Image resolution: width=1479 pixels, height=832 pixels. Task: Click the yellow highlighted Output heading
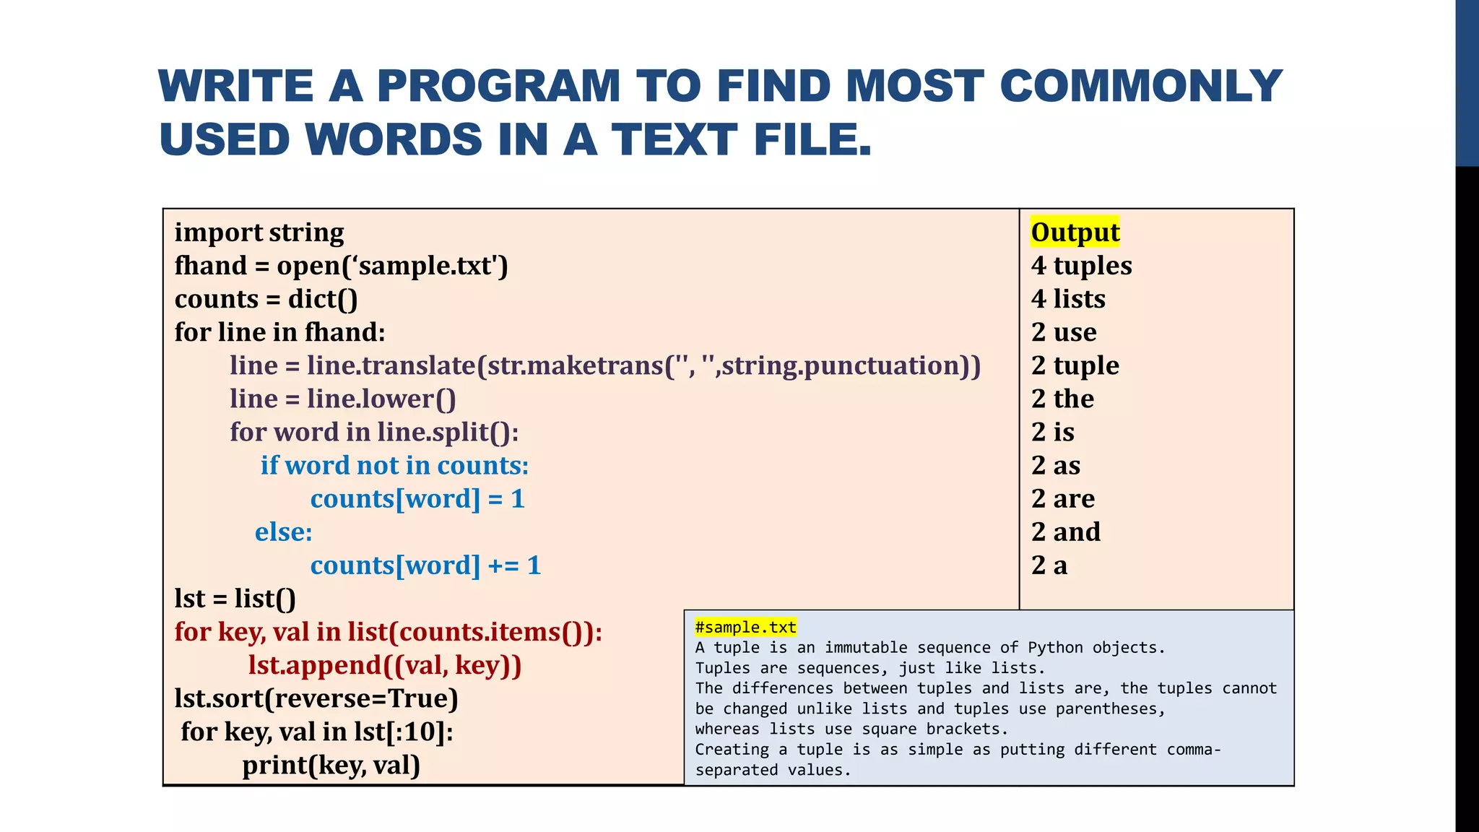point(1075,233)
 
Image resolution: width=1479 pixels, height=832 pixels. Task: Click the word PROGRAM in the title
point(498,86)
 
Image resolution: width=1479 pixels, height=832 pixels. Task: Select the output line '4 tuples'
point(1081,266)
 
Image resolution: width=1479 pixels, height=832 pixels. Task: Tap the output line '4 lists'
point(1068,299)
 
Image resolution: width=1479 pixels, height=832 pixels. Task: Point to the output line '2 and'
point(1065,532)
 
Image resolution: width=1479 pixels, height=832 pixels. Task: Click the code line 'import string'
point(259,233)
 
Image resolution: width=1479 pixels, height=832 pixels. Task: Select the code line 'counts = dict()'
point(266,299)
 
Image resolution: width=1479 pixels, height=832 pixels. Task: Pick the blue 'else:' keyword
point(284,532)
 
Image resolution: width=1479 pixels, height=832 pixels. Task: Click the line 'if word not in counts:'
point(394,466)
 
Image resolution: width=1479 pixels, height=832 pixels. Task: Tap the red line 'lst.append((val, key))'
point(384,665)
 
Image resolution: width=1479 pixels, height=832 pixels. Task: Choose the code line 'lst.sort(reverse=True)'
point(316,698)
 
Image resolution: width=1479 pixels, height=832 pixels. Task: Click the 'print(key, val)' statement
point(331,765)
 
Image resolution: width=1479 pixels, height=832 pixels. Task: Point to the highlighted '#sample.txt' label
point(745,627)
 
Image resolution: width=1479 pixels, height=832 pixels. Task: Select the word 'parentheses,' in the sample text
point(1111,708)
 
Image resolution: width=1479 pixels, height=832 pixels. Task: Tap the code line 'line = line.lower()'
point(343,399)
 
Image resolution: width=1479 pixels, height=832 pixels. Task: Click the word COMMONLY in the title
point(1140,86)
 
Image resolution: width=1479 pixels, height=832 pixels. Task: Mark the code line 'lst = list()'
point(235,599)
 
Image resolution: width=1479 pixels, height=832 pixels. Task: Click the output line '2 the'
point(1062,399)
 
